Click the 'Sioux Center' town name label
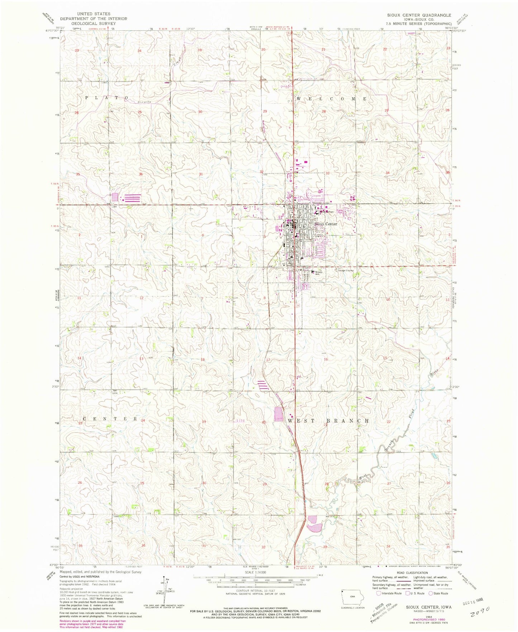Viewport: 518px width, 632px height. point(325,224)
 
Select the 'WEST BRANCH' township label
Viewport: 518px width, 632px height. point(328,420)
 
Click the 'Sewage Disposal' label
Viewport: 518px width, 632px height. point(344,271)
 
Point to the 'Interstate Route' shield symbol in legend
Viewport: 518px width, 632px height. point(379,593)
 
